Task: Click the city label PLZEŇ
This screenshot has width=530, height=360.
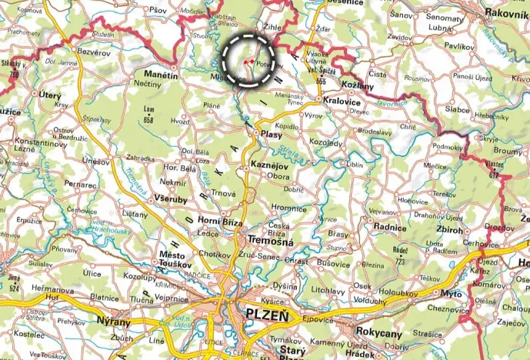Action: point(265,315)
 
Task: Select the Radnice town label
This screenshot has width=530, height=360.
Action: point(389,228)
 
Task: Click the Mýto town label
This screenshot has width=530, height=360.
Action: point(451,294)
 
